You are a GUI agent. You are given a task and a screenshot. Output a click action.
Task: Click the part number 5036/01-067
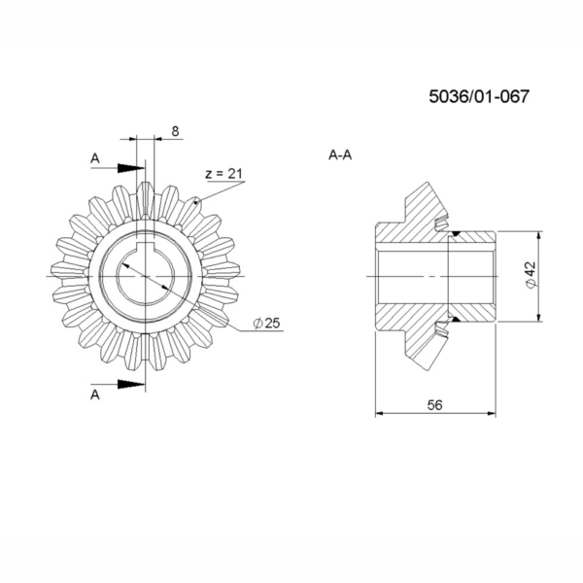[x=478, y=96]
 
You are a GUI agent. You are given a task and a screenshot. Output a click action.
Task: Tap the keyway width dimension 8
[x=175, y=131]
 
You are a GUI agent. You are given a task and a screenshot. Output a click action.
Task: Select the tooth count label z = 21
[x=223, y=174]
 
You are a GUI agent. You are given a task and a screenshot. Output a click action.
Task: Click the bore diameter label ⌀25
[x=266, y=324]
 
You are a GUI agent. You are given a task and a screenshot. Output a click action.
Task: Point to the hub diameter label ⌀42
[x=531, y=275]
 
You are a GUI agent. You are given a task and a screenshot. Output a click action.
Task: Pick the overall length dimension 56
[x=434, y=405]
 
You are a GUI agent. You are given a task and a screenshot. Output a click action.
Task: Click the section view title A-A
[x=340, y=155]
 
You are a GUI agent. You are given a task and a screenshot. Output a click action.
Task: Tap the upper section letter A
[x=95, y=158]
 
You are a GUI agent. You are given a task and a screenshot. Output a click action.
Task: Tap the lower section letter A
[x=95, y=394]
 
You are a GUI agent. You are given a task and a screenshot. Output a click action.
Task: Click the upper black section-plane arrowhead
[x=131, y=168]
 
